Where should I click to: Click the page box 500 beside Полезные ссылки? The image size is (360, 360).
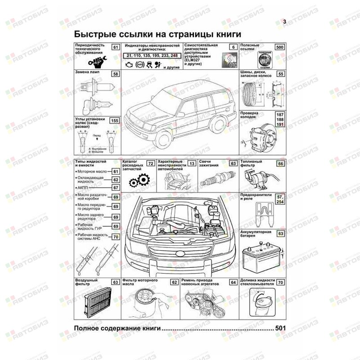(x=279, y=47)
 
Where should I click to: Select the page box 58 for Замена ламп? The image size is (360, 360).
(x=116, y=74)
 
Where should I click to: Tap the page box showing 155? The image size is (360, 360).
(x=115, y=121)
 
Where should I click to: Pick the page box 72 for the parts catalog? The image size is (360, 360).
(x=150, y=164)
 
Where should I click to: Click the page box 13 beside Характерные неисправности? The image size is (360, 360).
(x=192, y=164)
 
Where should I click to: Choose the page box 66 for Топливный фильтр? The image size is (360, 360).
(x=280, y=164)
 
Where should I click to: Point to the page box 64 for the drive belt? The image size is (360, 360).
(x=233, y=283)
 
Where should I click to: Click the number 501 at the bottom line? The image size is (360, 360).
(x=280, y=328)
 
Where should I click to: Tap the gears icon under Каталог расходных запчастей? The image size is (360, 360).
(x=137, y=181)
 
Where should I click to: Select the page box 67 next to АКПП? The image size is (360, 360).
(x=115, y=188)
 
